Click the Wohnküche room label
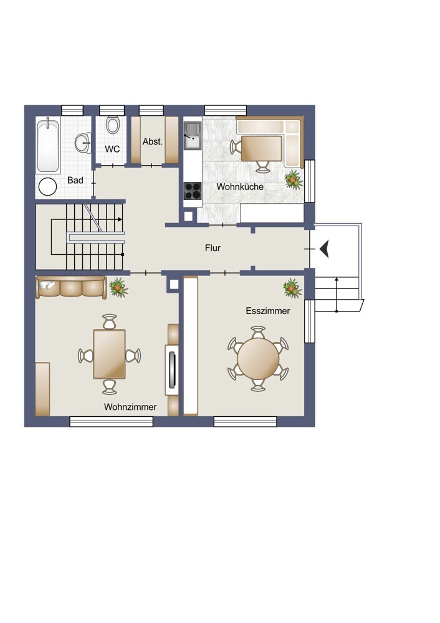point(240,187)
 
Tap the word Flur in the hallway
point(213,248)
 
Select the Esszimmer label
point(268,311)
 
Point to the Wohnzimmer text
point(130,407)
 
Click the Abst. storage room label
point(153,141)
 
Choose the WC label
point(112,150)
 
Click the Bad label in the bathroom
point(75,181)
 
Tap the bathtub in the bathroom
point(48,145)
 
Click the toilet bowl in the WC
point(112,125)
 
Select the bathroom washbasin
point(84,142)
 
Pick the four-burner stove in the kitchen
point(193,190)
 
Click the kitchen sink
point(193,135)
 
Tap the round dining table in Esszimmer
point(258,359)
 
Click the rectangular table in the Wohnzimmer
point(109,354)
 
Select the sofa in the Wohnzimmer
point(71,287)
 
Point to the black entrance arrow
point(324,249)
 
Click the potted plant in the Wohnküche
point(294,179)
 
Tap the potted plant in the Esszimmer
point(292,288)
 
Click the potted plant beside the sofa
point(118,287)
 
